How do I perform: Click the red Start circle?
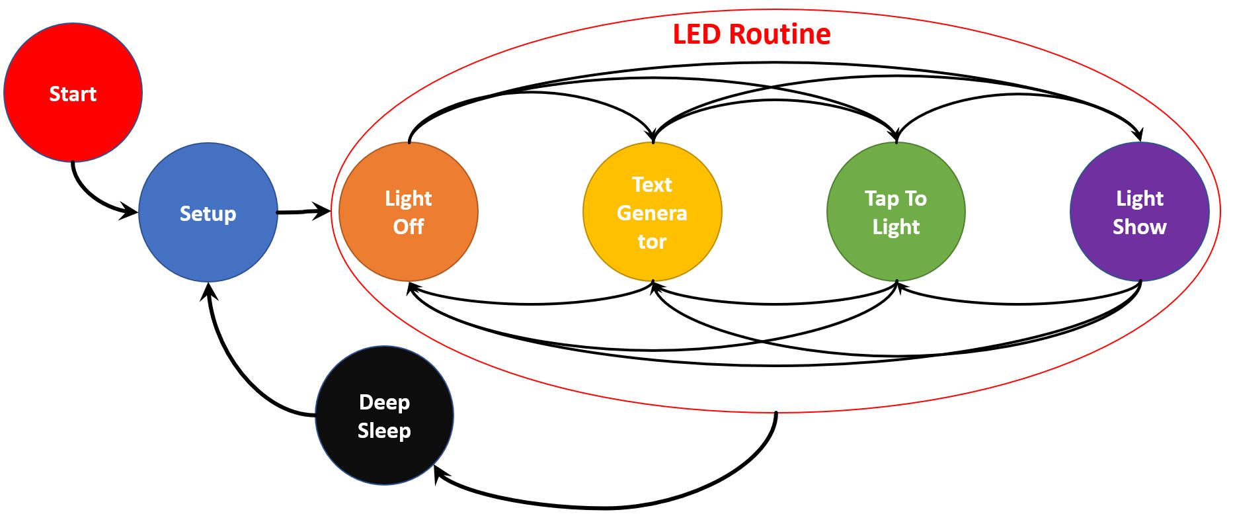[73, 93]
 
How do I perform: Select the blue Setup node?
[208, 212]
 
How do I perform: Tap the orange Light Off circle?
[408, 212]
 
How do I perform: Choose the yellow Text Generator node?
[652, 212]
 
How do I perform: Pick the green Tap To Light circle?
[896, 212]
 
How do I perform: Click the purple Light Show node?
[1139, 212]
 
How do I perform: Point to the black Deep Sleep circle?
[384, 415]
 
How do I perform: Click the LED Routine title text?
[751, 34]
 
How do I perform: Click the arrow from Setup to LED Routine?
[301, 212]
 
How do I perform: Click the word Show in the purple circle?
[1139, 227]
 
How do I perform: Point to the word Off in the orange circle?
[408, 227]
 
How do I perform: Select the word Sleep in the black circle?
[384, 431]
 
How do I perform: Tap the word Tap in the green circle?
[881, 198]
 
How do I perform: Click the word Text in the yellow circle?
[652, 185]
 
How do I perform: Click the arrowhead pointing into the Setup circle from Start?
[129, 212]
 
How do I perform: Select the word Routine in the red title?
[780, 34]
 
